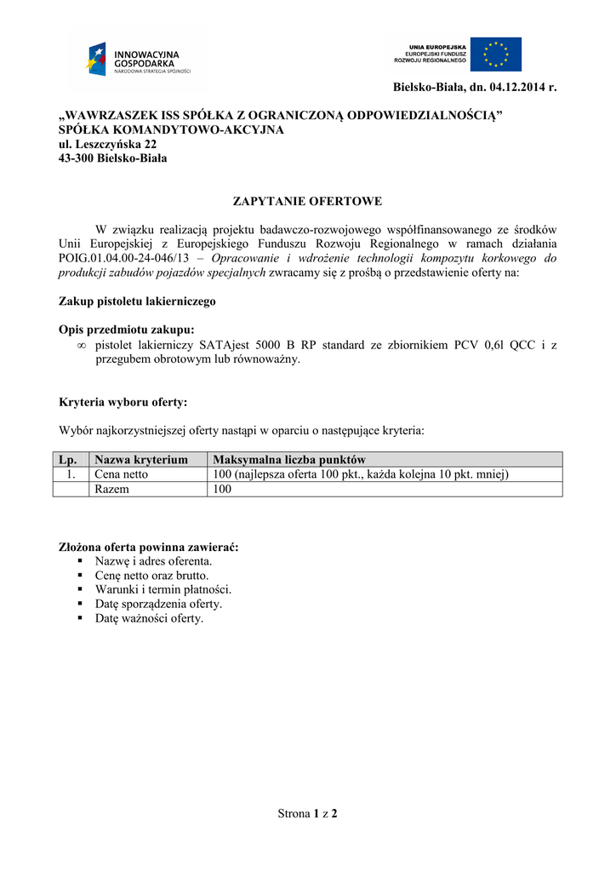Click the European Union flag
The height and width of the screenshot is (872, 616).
pyautogui.click(x=496, y=54)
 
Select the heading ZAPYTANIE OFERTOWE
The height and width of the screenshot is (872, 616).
pyautogui.click(x=308, y=201)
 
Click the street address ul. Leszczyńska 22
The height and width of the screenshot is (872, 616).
pyautogui.click(x=107, y=145)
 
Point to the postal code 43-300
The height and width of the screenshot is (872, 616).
pyautogui.click(x=76, y=158)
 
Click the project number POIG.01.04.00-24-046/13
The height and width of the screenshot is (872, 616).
pyautogui.click(x=123, y=258)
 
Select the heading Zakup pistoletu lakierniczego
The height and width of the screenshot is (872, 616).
pyautogui.click(x=137, y=301)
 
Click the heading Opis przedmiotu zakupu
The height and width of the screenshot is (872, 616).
pyautogui.click(x=127, y=330)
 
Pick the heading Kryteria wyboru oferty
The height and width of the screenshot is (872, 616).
pyautogui.click(x=123, y=402)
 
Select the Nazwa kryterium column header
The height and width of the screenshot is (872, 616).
pyautogui.click(x=141, y=460)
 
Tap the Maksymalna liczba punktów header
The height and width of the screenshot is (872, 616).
pyautogui.click(x=289, y=460)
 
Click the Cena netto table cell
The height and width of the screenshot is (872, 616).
pyautogui.click(x=122, y=474)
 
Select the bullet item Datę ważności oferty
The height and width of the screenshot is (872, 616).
pyautogui.click(x=150, y=619)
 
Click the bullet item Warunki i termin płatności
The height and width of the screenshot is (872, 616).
pyautogui.click(x=163, y=589)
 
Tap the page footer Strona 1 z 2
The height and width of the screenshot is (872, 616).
pyautogui.click(x=308, y=814)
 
